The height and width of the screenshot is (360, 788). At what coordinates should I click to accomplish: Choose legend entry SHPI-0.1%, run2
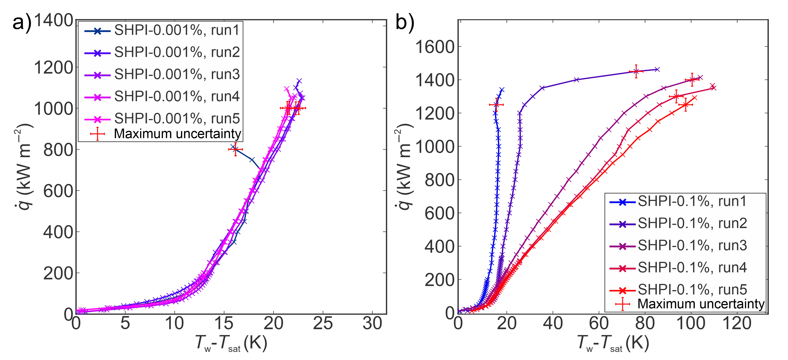pos(692,223)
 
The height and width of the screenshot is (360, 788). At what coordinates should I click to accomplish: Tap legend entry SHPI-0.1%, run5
pos(692,289)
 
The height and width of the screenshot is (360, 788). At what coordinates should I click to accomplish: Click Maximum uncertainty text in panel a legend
pos(177,134)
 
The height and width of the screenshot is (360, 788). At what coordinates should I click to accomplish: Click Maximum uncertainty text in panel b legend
pos(700,304)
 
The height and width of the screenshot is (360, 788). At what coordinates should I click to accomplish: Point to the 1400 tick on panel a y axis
pos(53,21)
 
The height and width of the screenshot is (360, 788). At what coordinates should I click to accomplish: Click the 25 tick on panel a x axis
pos(323,323)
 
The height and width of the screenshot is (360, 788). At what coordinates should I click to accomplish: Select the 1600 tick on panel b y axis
pos(435,47)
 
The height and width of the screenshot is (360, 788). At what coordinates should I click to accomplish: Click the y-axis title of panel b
pos(404,167)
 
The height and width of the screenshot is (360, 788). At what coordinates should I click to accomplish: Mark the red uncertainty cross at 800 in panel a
pos(235,149)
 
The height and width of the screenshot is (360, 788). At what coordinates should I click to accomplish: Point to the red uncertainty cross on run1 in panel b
pos(496,105)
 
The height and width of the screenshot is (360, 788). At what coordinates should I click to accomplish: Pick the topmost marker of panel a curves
pos(299,81)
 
